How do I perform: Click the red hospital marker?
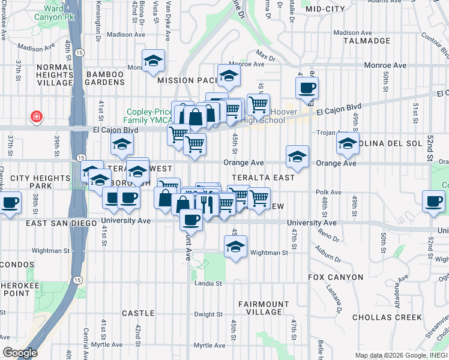tap(37, 115)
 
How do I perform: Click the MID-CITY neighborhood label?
tap(325, 9)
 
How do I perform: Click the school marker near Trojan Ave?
tap(347, 143)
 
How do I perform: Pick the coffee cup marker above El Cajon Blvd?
tap(307, 88)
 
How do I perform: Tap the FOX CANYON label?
tap(336, 277)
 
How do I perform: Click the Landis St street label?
tap(208, 283)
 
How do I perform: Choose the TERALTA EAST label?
tap(263, 178)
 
